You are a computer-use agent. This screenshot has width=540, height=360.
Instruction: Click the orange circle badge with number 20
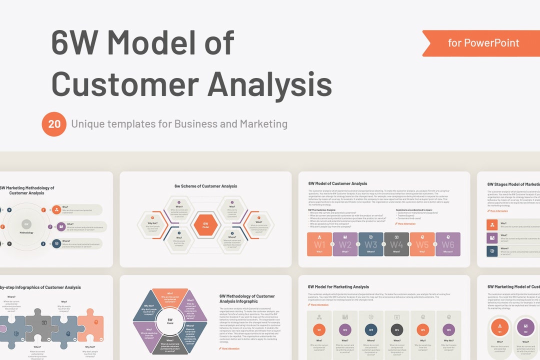point(54,124)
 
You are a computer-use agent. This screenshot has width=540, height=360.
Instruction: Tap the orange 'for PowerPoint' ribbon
point(482,43)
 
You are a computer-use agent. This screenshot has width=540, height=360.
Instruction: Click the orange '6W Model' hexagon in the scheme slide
point(205,225)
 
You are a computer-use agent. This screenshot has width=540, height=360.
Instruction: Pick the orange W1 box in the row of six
point(319,244)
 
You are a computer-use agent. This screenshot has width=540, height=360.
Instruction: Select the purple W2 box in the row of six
point(345,244)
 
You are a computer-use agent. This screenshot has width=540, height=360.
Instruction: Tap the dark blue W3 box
point(370,244)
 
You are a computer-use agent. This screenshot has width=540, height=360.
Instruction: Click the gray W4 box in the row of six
point(396,244)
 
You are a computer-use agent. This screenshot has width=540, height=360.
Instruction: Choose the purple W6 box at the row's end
point(448,244)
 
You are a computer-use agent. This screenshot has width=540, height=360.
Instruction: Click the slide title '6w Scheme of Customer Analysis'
point(205,186)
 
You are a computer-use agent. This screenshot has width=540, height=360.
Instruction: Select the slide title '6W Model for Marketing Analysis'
point(338,287)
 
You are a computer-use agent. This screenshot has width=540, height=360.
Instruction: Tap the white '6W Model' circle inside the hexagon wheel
point(170,321)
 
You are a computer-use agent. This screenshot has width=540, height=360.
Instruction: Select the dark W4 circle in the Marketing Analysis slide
point(396,329)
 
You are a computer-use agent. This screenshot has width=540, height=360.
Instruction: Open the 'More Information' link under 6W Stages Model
point(498,211)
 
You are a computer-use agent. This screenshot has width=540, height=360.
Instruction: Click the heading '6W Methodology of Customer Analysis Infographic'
point(247,299)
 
